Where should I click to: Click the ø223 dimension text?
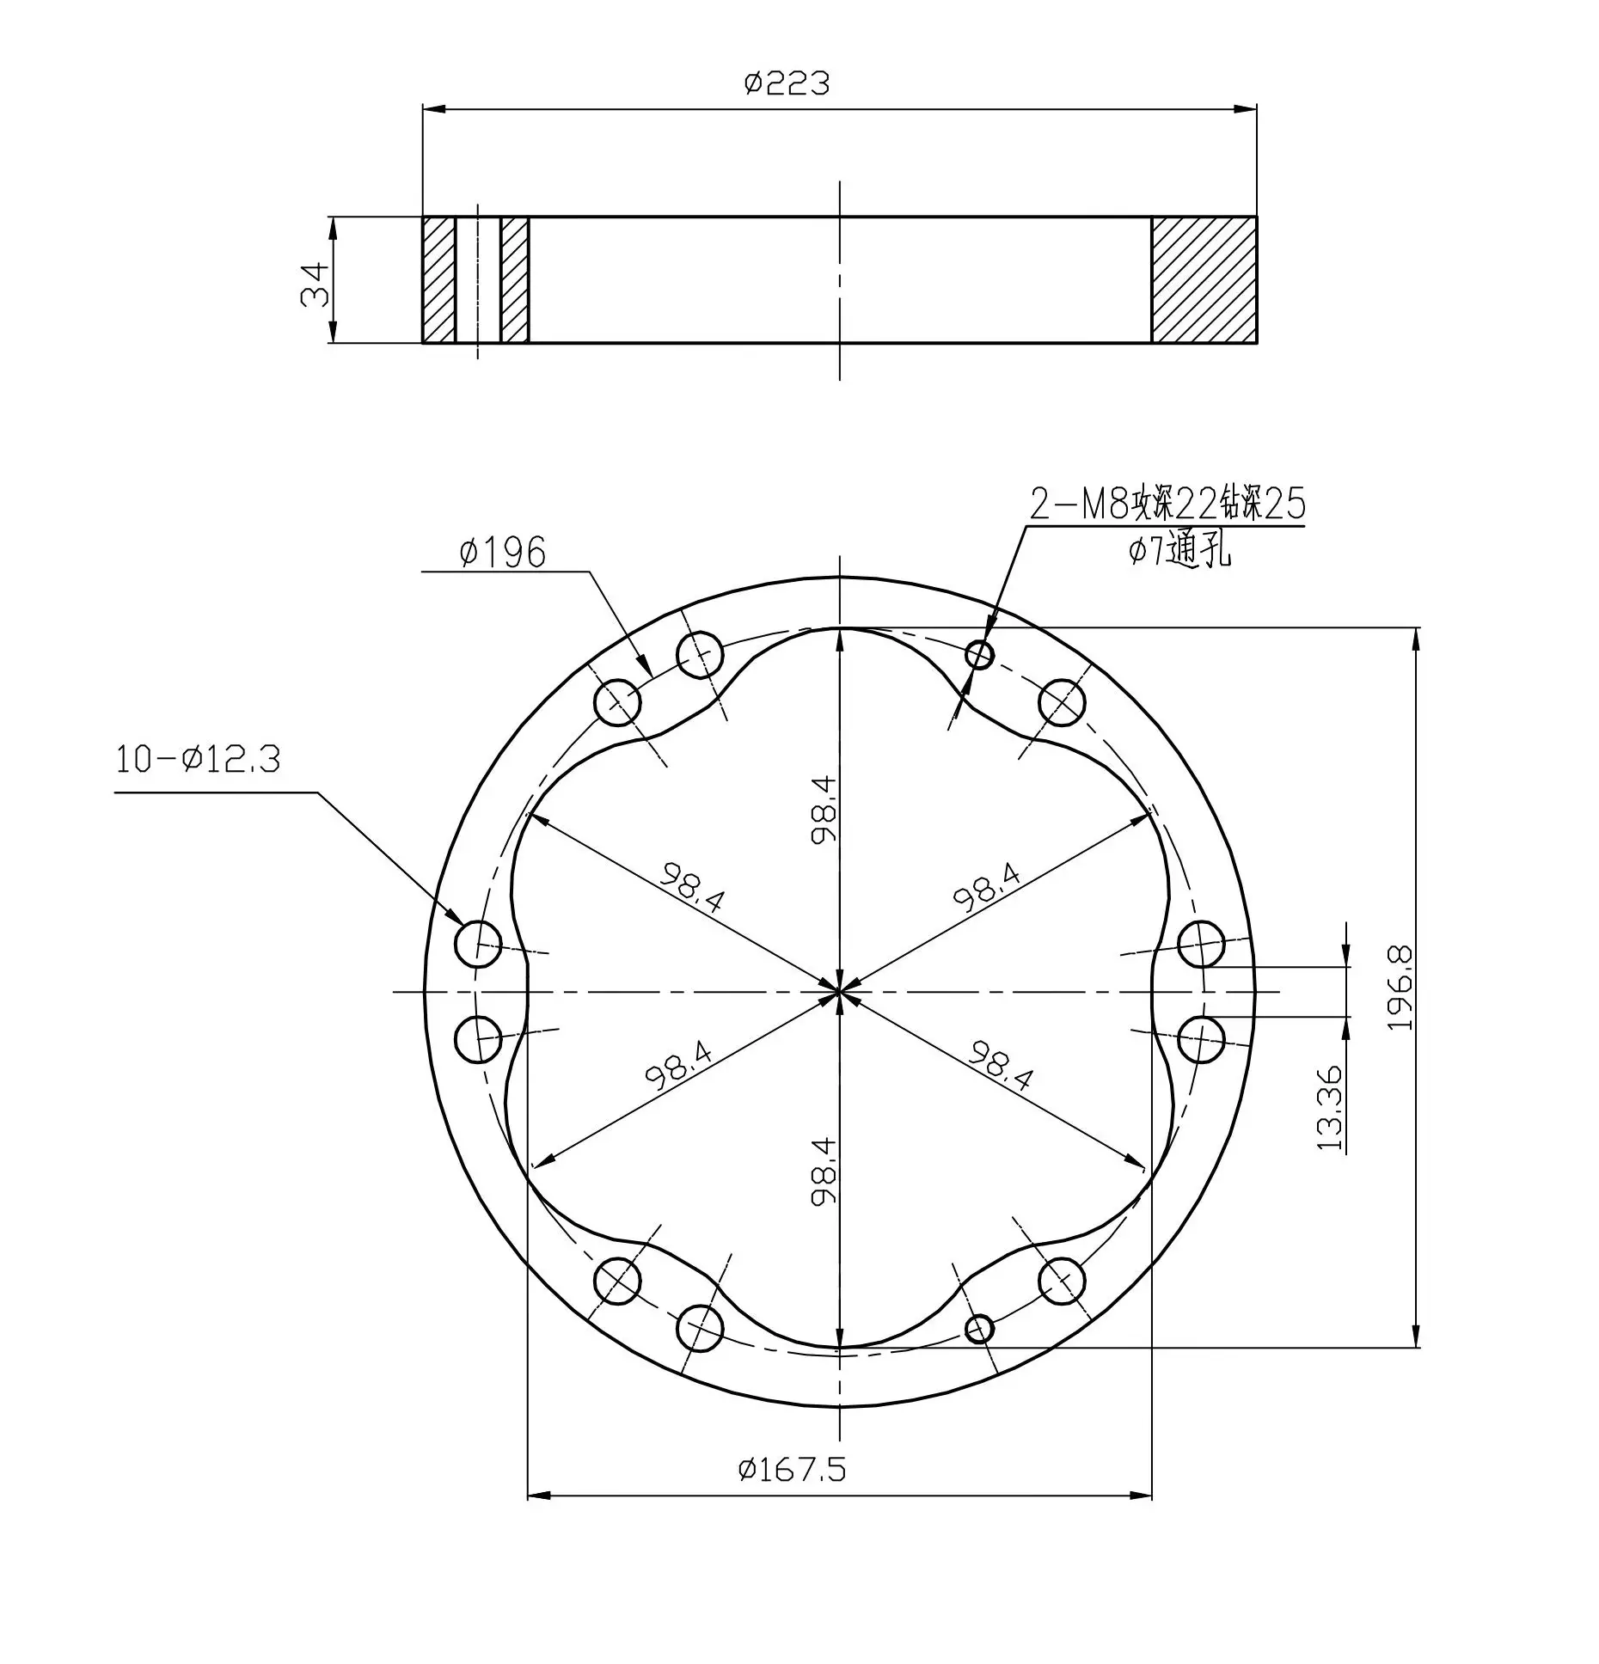click(x=787, y=83)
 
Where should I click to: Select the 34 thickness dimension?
click(x=315, y=284)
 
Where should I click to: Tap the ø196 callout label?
click(x=503, y=553)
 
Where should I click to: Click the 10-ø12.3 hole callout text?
click(x=199, y=760)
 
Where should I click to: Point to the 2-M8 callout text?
click(x=1167, y=505)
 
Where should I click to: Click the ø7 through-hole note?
click(x=1179, y=551)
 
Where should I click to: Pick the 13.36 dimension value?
click(x=1329, y=1109)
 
